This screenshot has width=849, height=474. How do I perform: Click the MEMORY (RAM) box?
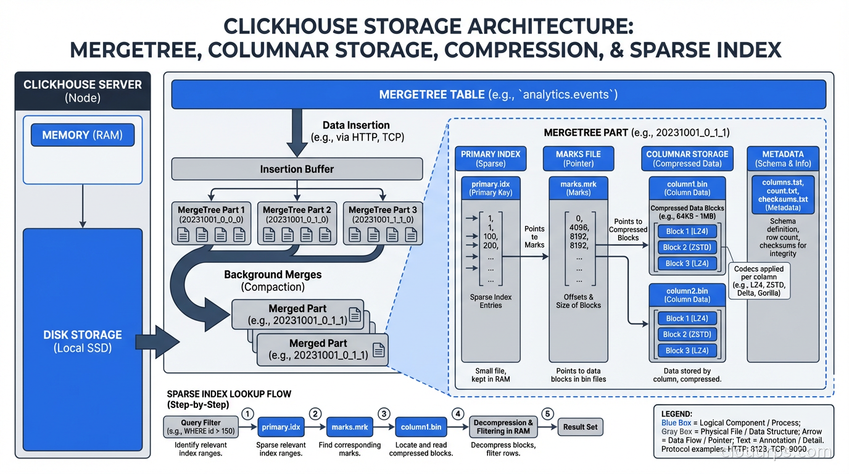[83, 135]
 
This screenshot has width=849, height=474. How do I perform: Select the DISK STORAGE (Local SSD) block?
[83, 341]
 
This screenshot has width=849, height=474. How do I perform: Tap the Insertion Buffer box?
[297, 169]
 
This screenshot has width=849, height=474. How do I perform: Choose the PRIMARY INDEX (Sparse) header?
[491, 159]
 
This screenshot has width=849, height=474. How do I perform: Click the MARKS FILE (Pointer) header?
[578, 159]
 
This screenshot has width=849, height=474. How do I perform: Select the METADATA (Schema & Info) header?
[782, 159]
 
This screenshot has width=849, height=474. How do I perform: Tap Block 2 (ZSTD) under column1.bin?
[687, 247]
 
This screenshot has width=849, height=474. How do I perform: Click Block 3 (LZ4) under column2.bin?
[687, 351]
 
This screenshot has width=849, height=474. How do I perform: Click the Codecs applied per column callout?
[758, 281]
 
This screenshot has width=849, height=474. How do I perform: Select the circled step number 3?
[384, 414]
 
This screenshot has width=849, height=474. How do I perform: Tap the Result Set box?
[581, 426]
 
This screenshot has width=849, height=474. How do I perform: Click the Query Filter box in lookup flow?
[201, 426]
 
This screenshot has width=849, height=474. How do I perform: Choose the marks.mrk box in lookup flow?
[350, 426]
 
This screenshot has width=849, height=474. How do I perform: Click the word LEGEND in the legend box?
[676, 414]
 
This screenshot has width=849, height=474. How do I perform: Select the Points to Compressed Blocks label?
[628, 230]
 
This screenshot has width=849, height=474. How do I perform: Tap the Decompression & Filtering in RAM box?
[504, 426]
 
